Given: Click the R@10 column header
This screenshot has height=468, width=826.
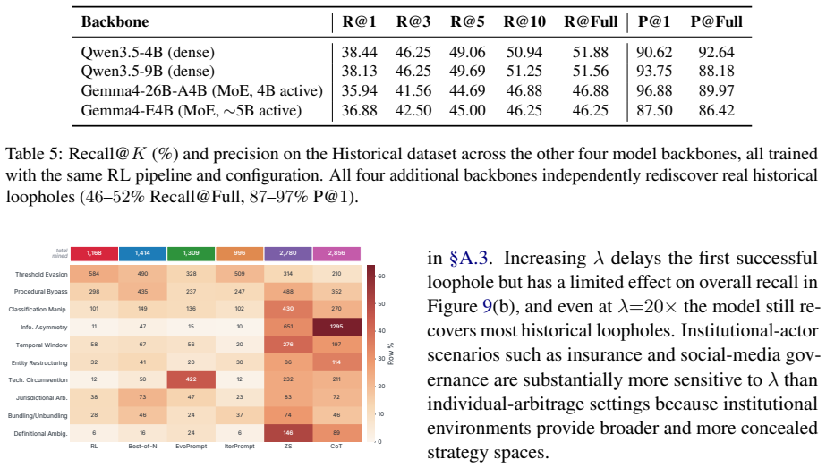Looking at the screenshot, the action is [524, 21].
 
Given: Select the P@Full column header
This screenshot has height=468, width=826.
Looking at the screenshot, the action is [717, 21].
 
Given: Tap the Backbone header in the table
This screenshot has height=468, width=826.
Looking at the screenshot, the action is [115, 21].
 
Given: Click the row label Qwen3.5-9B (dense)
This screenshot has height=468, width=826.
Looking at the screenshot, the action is [148, 72].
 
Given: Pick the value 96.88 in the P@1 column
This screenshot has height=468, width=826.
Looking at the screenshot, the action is [654, 90].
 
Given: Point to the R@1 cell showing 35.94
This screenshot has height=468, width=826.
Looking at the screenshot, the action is [359, 90].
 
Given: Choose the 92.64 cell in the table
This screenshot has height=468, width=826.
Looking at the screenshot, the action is [717, 52].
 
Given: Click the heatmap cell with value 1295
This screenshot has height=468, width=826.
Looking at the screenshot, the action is [336, 327].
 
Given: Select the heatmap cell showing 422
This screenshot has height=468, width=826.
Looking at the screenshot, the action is [192, 379].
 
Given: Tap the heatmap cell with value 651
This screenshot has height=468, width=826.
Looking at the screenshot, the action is [288, 327].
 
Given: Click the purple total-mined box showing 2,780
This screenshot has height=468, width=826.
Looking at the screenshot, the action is [288, 253].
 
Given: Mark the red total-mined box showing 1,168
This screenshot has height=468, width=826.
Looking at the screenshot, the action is [94, 253].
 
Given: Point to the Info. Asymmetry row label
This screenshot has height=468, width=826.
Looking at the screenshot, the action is [44, 328].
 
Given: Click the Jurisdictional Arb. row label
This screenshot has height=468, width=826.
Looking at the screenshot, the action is [42, 398].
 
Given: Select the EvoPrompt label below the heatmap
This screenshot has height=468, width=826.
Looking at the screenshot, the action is [192, 447].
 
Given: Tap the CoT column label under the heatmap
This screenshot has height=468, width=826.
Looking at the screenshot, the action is [336, 447].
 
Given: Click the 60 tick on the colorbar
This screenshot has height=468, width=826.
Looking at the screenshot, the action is [381, 277].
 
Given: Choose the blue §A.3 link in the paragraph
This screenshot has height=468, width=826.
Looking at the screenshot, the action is [468, 259].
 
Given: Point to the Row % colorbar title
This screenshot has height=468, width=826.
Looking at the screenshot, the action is [391, 353].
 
